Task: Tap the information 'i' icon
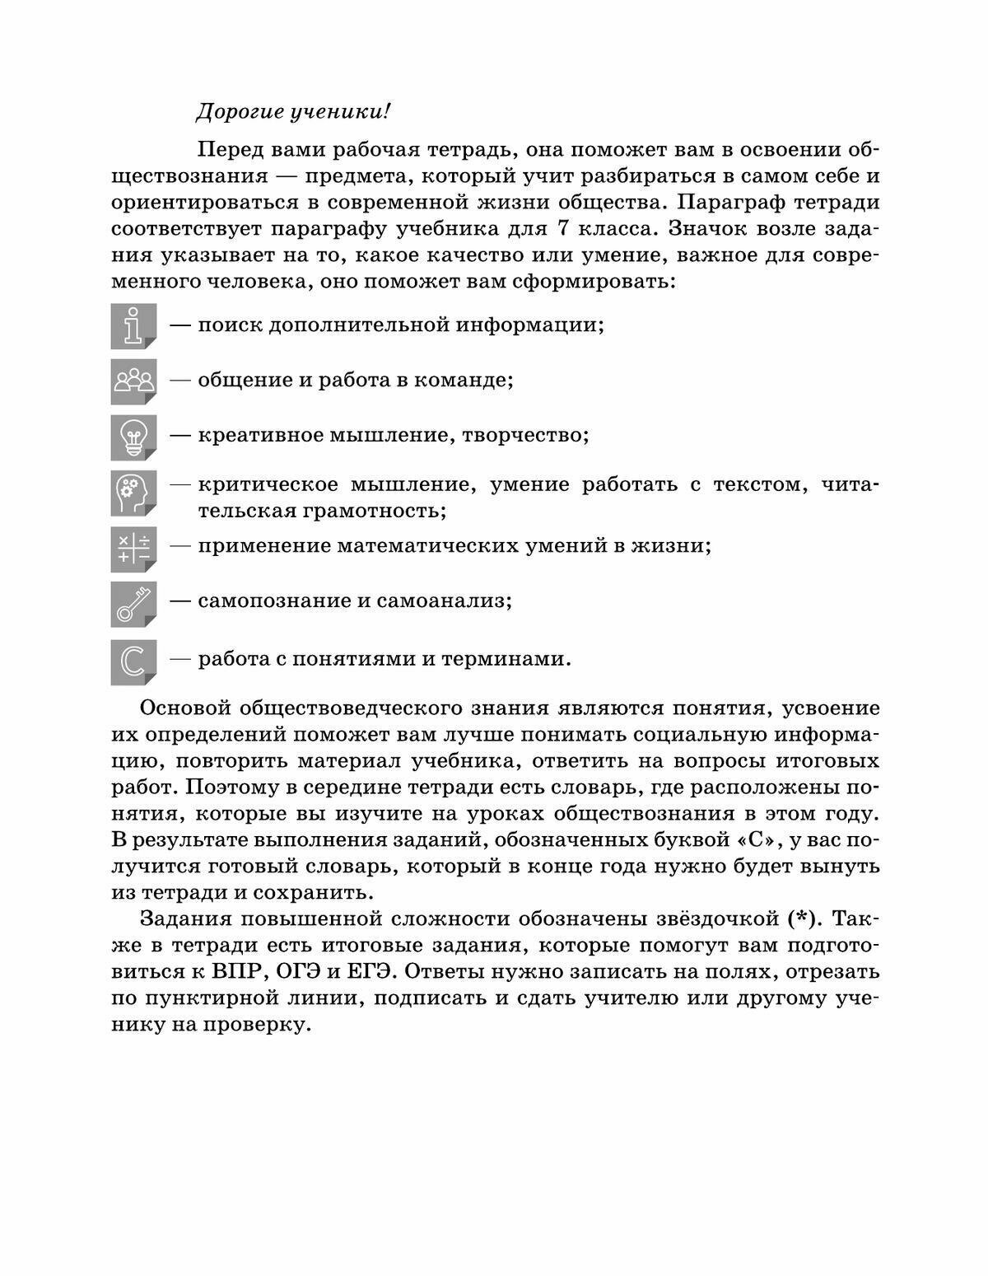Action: (133, 325)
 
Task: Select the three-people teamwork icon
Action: (133, 381)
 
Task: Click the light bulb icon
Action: (133, 437)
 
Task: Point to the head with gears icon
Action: (133, 493)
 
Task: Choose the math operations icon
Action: (133, 549)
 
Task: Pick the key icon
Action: (133, 604)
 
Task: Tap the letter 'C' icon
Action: (133, 661)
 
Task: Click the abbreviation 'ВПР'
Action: (238, 971)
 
